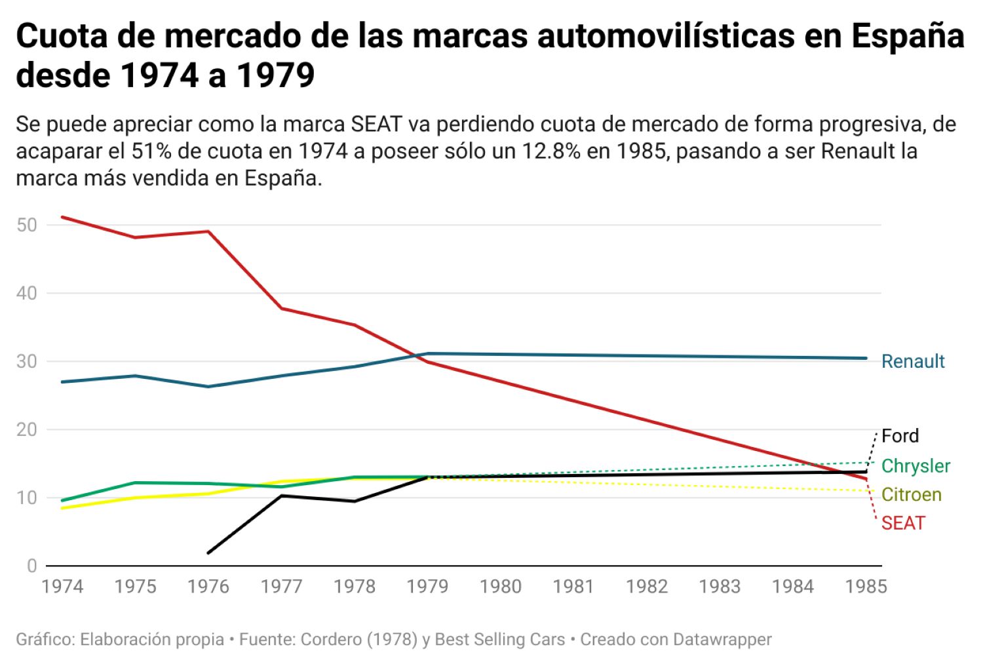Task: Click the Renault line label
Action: pyautogui.click(x=912, y=361)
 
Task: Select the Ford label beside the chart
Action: pyautogui.click(x=900, y=436)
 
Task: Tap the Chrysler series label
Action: pyautogui.click(x=915, y=466)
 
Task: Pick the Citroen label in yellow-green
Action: pyautogui.click(x=911, y=494)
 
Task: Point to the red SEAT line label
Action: pyautogui.click(x=903, y=523)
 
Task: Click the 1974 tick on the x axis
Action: pyautogui.click(x=62, y=586)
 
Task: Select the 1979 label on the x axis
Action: pyautogui.click(x=427, y=586)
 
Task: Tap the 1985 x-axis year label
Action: pyautogui.click(x=866, y=586)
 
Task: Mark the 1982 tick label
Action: pyautogui.click(x=647, y=586)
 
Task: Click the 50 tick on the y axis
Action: pyautogui.click(x=27, y=225)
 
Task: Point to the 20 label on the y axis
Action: pyautogui.click(x=27, y=429)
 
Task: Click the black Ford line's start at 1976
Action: pyautogui.click(x=208, y=553)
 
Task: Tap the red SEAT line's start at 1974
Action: pyautogui.click(x=62, y=217)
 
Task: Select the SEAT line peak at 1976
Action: pyautogui.click(x=208, y=231)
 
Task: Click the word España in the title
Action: pyautogui.click(x=908, y=36)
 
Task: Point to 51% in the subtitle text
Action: pyautogui.click(x=152, y=151)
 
